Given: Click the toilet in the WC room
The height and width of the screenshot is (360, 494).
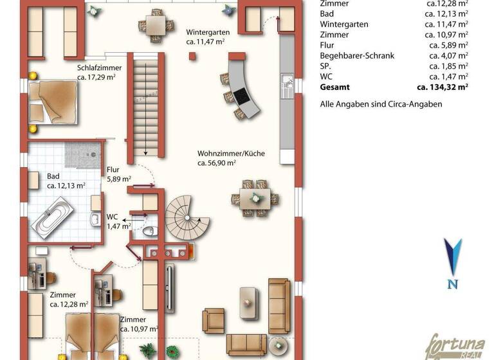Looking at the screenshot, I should click(x=148, y=231).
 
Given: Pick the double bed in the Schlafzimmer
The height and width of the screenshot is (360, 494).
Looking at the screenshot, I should click(x=55, y=100).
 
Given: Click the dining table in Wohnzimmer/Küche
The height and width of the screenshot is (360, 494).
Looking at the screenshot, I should click(x=256, y=198).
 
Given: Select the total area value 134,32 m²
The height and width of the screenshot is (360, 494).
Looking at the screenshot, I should click(x=442, y=86).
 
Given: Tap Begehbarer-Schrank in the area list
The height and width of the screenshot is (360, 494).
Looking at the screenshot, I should click(x=357, y=56).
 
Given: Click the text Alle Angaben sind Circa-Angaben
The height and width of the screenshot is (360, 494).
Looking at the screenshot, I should click(x=381, y=104).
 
